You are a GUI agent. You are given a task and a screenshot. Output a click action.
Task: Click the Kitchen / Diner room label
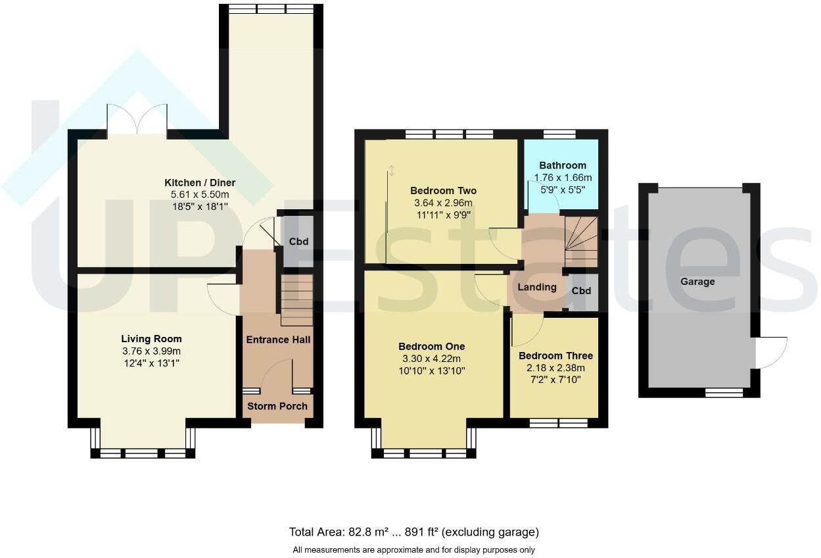point(200,183)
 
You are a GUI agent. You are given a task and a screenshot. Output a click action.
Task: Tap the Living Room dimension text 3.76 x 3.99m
point(151,351)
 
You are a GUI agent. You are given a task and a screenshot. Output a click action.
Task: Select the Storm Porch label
point(277,406)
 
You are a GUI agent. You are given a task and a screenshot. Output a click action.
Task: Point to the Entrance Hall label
point(278,340)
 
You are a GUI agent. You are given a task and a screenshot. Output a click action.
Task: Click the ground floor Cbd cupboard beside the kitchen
point(298,241)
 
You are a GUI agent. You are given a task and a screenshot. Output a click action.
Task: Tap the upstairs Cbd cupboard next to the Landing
point(581,291)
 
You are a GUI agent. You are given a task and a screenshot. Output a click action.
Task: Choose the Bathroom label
point(563,165)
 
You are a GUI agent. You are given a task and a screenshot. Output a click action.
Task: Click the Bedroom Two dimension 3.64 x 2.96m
point(443,203)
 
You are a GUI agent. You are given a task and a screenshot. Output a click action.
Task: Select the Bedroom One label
point(432,346)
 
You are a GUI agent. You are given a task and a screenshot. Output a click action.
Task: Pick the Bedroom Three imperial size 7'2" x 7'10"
point(555,379)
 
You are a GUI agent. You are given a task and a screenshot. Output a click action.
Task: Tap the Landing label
point(537,287)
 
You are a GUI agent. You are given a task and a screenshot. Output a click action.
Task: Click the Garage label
point(697,282)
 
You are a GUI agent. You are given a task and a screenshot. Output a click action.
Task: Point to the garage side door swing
point(772,353)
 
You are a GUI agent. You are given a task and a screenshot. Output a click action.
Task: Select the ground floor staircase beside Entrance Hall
point(297,300)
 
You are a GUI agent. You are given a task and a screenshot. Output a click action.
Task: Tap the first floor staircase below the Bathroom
point(581,241)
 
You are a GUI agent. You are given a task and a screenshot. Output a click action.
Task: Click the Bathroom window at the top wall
point(559,134)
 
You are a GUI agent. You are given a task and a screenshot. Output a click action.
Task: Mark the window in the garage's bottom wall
point(724,393)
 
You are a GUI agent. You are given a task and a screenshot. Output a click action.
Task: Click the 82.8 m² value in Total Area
point(368,532)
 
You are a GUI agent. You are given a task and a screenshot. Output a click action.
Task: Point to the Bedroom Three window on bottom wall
point(559,423)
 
